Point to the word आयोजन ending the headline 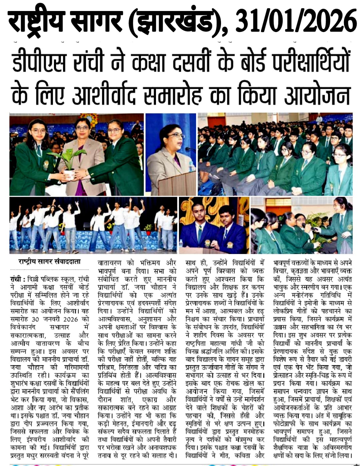click(317, 94)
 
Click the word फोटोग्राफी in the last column click(287, 424)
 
